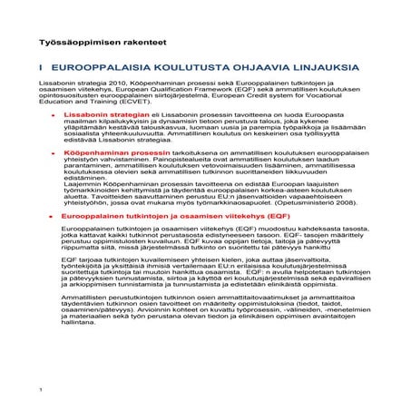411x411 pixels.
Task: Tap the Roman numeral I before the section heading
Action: [x=41, y=68]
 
